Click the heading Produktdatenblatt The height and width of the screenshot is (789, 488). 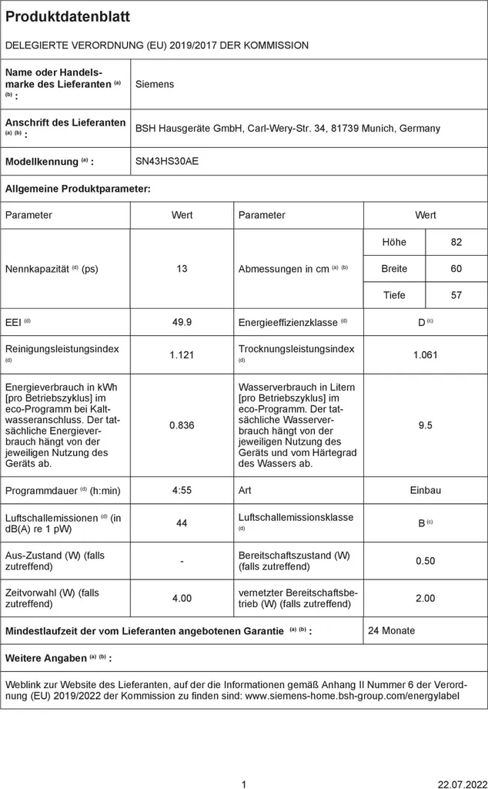(x=68, y=17)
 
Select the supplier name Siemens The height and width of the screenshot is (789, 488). (x=155, y=84)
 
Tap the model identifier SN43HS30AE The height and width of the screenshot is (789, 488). (x=166, y=162)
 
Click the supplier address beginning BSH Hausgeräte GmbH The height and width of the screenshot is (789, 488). (x=287, y=129)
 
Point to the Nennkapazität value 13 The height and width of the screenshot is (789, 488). (x=182, y=269)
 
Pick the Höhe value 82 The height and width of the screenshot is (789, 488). (x=456, y=242)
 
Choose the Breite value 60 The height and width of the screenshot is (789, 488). (x=456, y=269)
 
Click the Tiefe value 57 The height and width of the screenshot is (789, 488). (x=456, y=295)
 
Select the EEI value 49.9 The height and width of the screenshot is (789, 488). (x=182, y=322)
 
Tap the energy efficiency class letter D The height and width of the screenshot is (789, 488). (x=421, y=323)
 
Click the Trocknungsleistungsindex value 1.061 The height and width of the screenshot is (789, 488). (x=426, y=354)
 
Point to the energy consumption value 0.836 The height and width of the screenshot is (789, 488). (x=182, y=425)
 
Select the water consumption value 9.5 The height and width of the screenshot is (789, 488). (x=426, y=425)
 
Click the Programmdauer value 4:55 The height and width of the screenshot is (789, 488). (x=182, y=490)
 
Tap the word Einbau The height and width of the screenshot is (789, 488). (x=426, y=490)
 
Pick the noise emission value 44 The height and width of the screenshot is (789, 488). (x=182, y=523)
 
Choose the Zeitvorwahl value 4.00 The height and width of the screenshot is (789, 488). (x=182, y=598)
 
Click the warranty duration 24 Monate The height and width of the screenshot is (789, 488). (x=391, y=630)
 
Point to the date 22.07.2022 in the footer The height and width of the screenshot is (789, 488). (x=460, y=784)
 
